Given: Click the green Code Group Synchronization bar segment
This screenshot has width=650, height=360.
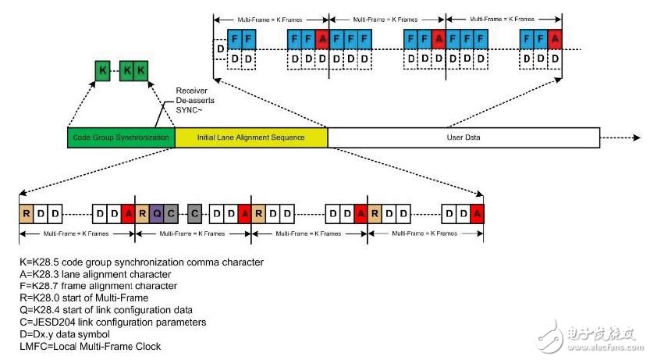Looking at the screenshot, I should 121,137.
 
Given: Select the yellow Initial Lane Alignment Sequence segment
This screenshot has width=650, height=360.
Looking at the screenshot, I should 250,137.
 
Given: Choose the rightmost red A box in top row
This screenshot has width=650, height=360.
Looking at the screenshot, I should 555,37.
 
